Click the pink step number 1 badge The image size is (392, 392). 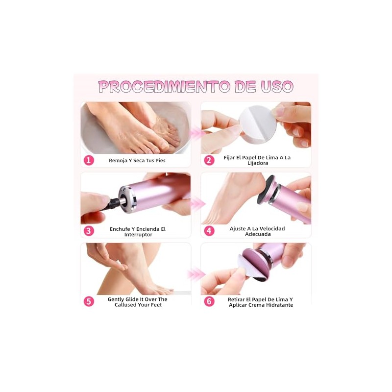[x=89, y=160]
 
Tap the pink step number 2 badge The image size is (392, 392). [x=209, y=160]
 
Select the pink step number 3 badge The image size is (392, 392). [x=89, y=231]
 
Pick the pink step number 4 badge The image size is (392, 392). [x=209, y=231]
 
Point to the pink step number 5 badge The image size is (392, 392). [x=89, y=301]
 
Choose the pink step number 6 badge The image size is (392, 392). [x=209, y=301]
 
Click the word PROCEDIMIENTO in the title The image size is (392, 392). [x=164, y=87]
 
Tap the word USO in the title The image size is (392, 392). [x=277, y=87]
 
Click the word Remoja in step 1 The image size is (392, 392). [x=118, y=161]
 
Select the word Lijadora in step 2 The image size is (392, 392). [x=258, y=163]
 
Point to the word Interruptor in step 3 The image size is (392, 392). [x=138, y=235]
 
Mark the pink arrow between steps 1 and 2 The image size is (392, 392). [x=196, y=133]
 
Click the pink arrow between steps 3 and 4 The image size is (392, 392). [x=197, y=203]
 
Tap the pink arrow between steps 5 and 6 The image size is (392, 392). [x=196, y=274]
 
